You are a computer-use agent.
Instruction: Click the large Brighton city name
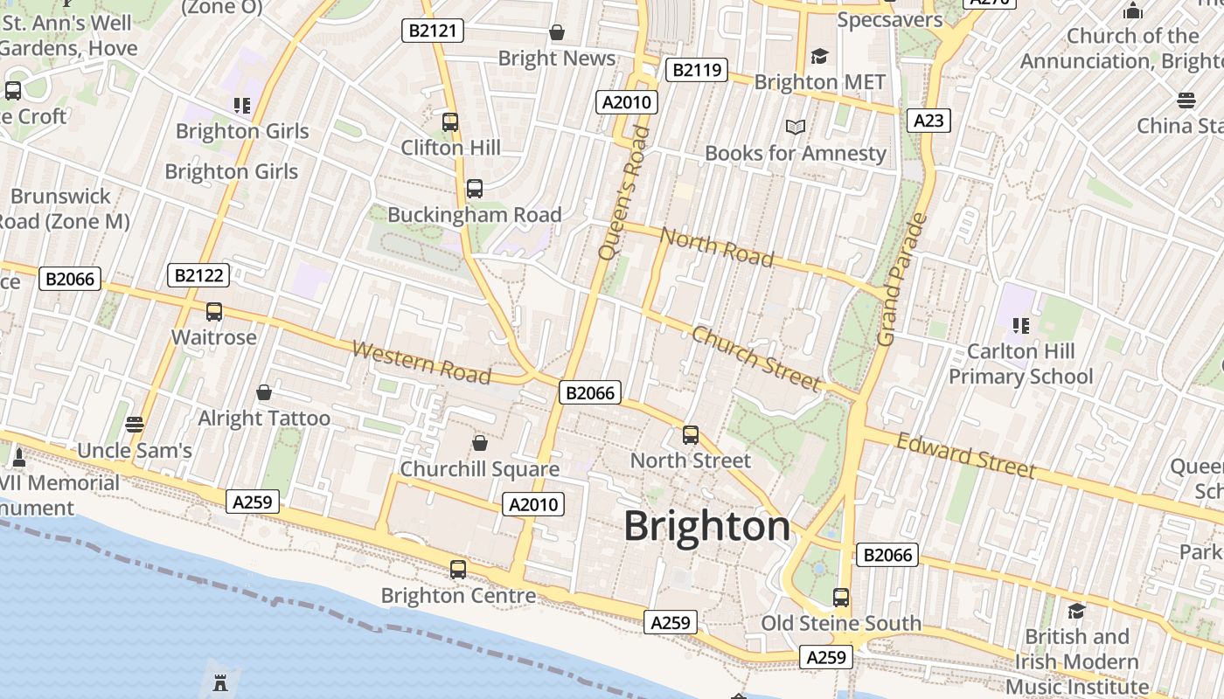706,527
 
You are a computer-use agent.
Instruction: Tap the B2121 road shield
433,31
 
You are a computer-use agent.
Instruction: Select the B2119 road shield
696,70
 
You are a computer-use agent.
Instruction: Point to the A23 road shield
928,121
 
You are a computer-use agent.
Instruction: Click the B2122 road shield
198,276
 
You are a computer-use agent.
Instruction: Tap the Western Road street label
421,362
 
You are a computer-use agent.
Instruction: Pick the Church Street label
756,358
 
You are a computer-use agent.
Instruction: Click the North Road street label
717,246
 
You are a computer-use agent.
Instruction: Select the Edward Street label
965,456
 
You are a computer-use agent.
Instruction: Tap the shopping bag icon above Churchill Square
479,444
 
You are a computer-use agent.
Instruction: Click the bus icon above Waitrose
214,312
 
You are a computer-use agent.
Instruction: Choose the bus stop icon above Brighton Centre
457,570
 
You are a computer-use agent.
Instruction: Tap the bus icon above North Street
691,435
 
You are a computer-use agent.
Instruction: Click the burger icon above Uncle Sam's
134,425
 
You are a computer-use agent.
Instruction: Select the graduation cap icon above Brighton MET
819,57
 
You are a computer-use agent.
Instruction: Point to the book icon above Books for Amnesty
795,128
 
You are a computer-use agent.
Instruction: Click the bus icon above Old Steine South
840,598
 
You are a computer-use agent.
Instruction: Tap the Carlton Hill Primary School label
1020,364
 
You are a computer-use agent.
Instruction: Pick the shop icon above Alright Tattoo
264,393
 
